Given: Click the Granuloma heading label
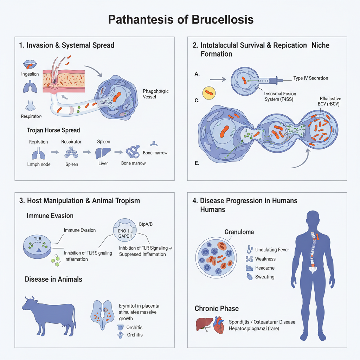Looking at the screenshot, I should point(239,232).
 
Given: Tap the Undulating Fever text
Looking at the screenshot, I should point(272,250).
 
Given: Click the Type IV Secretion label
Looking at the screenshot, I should point(310,78).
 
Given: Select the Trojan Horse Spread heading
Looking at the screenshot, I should point(53,130).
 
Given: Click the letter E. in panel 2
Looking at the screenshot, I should point(197,163).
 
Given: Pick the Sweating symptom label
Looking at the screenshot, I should point(265,277).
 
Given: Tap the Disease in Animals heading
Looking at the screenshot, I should point(53,279).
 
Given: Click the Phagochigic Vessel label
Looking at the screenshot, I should point(156,95).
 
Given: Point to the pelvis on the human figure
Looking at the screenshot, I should point(312,270).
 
